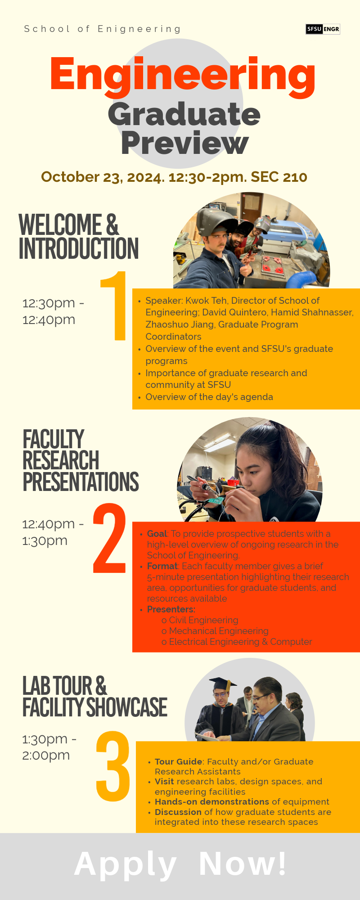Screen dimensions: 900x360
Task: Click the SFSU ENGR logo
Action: [323, 29]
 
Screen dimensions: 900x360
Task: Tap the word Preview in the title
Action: [184, 143]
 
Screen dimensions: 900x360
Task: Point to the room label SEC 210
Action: [279, 177]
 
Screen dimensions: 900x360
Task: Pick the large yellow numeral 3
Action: [112, 766]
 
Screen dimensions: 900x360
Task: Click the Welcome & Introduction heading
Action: [78, 237]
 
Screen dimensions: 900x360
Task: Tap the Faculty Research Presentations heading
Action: [81, 460]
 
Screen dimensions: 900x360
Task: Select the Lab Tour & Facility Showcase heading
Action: [94, 697]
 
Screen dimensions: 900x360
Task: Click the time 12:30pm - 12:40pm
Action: [53, 311]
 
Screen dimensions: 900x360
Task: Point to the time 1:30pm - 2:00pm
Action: [49, 747]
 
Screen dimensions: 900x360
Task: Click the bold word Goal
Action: [157, 534]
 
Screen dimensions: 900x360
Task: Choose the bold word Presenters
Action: [171, 609]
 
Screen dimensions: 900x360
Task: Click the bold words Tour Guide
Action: [178, 761]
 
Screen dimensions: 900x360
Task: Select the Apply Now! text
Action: [180, 864]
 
